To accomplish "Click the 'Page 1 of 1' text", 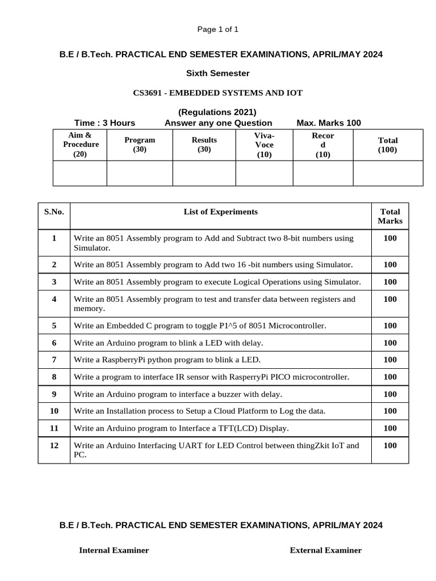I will tap(217, 30).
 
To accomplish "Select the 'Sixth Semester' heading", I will tap(218, 73).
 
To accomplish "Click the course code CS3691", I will tap(149, 92).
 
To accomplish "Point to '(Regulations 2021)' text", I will tap(217, 112).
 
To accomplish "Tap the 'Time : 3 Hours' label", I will tap(104, 123).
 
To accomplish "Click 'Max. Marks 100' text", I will tap(329, 123).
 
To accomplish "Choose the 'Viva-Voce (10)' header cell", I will tap(264, 145).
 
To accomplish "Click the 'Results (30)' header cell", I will tap(204, 145).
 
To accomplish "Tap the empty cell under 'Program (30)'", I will tap(140, 173).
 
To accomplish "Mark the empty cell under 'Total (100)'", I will tap(388, 173).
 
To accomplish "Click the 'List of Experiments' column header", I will tap(220, 212).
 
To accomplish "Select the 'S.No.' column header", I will tap(54, 212).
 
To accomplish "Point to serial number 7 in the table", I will tap(54, 360).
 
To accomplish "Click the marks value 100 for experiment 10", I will tap(390, 411).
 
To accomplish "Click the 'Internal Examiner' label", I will tap(114, 550).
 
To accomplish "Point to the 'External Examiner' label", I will tap(325, 550).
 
